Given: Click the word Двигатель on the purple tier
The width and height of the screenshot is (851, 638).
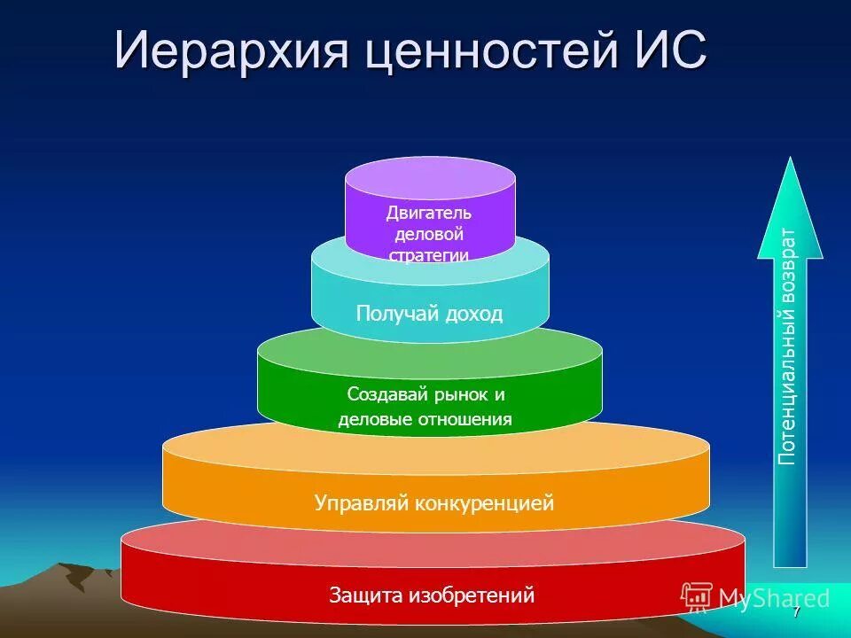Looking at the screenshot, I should coord(429,213).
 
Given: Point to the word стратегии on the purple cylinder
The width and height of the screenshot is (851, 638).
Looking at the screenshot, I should coord(429,254).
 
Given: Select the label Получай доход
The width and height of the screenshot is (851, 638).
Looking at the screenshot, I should coord(429,313).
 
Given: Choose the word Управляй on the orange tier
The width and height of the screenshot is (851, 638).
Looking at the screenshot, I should coord(358,503).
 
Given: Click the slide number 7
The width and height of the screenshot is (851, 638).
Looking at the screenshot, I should coord(796,612).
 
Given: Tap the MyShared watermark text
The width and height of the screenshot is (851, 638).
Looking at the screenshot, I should coord(774,598).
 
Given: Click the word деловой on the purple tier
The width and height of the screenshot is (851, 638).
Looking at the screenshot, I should coord(429,234).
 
